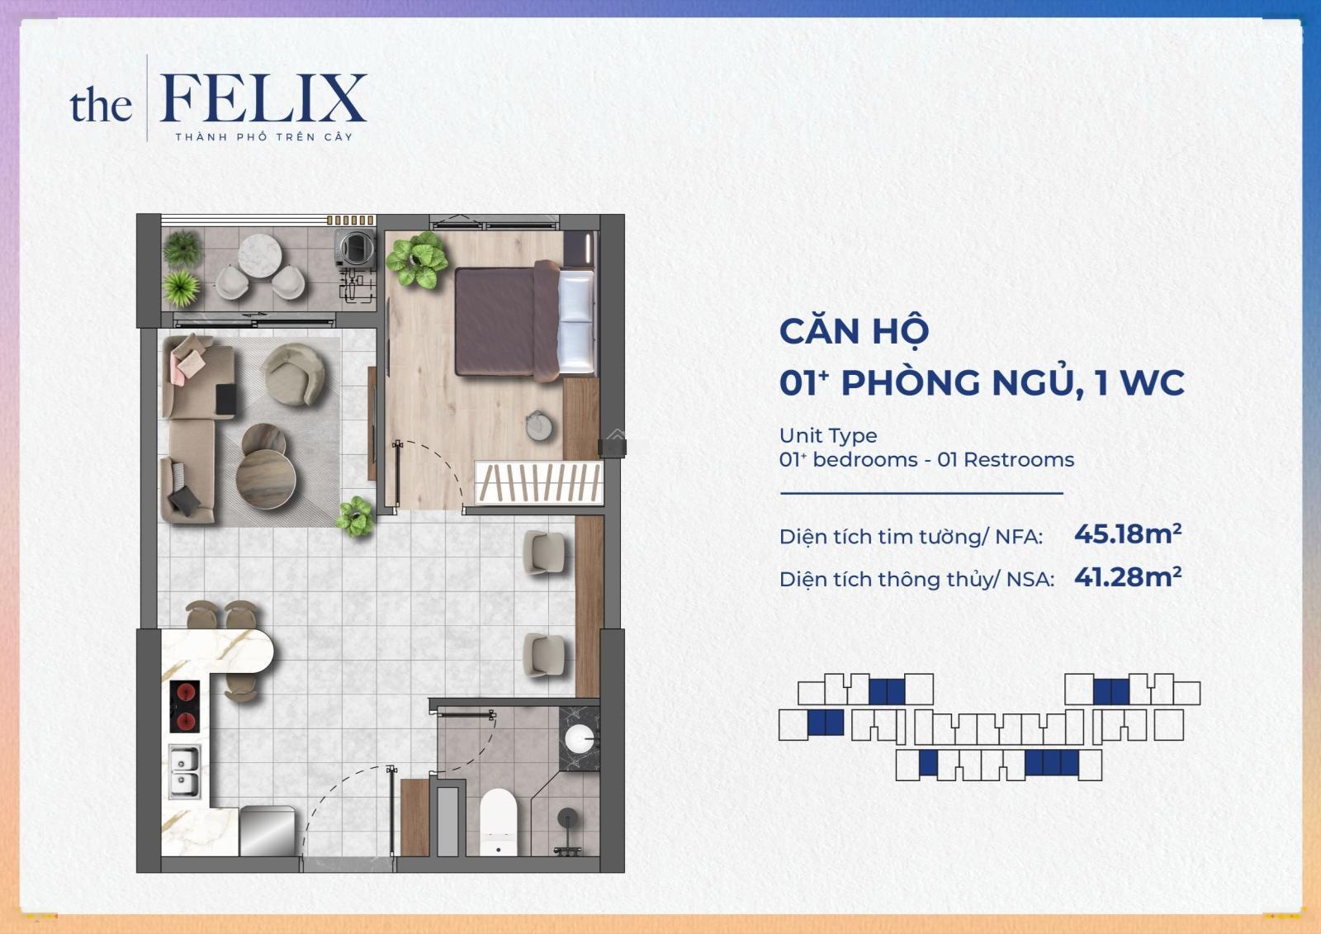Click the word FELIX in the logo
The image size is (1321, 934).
point(263,98)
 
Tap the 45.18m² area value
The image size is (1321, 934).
point(1128,534)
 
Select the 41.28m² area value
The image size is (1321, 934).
point(1128,577)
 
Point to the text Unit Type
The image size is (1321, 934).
point(828,435)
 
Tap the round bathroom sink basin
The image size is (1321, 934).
point(580,739)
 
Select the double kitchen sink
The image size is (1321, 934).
point(185,771)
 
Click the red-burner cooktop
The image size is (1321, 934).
point(185,706)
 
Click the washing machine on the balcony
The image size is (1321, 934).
point(355,248)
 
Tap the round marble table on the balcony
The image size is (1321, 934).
point(260,255)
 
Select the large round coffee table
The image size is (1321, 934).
point(266,478)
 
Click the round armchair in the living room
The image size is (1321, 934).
point(293,374)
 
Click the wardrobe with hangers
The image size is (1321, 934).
point(538,483)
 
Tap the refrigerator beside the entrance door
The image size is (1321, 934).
point(268,831)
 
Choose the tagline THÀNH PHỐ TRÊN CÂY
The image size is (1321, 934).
point(263,137)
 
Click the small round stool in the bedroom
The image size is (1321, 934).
point(539,425)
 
